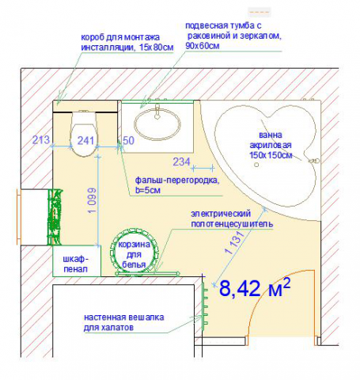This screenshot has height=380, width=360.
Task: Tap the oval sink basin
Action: [157, 124]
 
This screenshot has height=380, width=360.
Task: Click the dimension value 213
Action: [41, 139]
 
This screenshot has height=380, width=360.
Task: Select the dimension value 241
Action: [85, 140]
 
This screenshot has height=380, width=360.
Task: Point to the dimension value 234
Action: [181, 161]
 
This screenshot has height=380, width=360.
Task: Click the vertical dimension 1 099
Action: [92, 200]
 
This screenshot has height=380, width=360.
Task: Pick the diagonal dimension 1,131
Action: [234, 242]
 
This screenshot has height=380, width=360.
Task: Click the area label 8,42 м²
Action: [255, 287]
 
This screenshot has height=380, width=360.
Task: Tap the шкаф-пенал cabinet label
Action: [76, 264]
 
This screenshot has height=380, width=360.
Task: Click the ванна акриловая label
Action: [271, 145]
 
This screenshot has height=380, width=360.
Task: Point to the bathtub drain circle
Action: [256, 165]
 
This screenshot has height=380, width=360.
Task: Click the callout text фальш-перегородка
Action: [177, 180]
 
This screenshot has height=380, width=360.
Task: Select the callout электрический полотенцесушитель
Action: [232, 218]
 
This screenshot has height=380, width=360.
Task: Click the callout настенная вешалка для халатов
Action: [124, 322]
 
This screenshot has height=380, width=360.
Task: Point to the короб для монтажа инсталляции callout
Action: [127, 42]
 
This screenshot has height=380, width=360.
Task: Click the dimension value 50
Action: [128, 140]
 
